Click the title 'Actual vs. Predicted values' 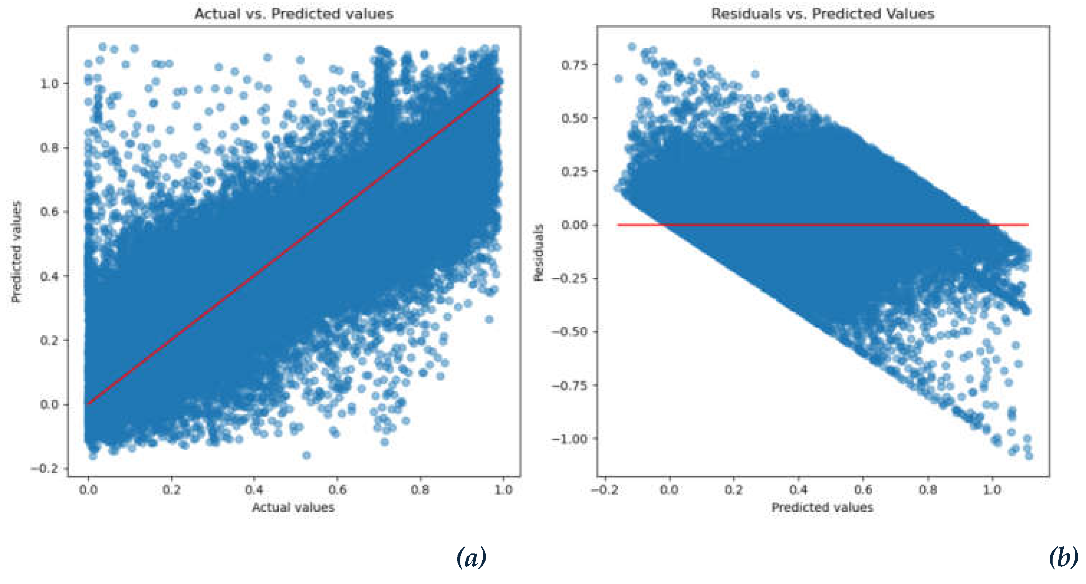point(294,14)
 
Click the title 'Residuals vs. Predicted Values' point(822,14)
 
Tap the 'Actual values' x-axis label point(293,507)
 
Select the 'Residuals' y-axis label point(538,252)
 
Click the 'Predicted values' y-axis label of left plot point(16,252)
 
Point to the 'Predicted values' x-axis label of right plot point(822,507)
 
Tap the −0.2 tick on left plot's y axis point(44,469)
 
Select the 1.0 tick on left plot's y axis point(49,83)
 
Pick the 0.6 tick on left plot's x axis point(337,489)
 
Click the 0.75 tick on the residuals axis point(574,65)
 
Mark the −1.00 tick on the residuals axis point(569,439)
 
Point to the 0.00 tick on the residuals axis point(574,225)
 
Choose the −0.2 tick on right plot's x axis point(604,489)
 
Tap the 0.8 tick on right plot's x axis point(928,489)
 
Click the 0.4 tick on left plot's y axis point(49,276)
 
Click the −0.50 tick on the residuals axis point(569,332)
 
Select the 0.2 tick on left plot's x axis point(171,489)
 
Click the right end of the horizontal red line point(1028,225)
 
